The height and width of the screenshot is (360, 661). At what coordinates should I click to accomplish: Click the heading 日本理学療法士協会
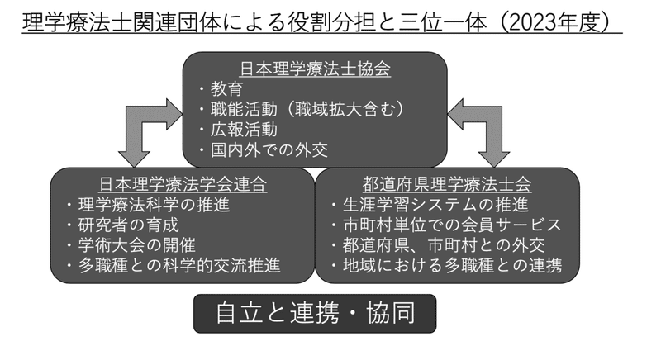tap(315, 69)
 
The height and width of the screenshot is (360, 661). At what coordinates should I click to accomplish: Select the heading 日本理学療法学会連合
tap(183, 184)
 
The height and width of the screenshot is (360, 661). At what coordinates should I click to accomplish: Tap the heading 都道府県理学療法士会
tap(447, 184)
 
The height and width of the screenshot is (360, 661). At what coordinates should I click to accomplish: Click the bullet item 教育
tap(221, 89)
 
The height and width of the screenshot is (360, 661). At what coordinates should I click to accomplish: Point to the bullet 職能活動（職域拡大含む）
tap(302, 109)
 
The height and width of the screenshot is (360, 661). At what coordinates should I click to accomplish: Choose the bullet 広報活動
tap(239, 130)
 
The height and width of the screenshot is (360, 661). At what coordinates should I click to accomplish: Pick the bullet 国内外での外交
tap(264, 150)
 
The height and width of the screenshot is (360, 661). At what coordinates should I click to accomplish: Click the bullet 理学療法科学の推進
tap(149, 205)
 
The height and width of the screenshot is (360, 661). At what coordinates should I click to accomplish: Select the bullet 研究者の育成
tap(123, 225)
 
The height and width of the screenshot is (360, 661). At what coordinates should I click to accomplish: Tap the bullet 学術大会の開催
tap(131, 245)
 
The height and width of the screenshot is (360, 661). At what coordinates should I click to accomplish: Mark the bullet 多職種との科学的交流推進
tap(174, 266)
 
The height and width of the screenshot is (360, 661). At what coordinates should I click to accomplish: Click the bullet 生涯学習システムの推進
tap(430, 205)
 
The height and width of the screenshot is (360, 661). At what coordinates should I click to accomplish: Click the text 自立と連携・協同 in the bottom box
tap(316, 313)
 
